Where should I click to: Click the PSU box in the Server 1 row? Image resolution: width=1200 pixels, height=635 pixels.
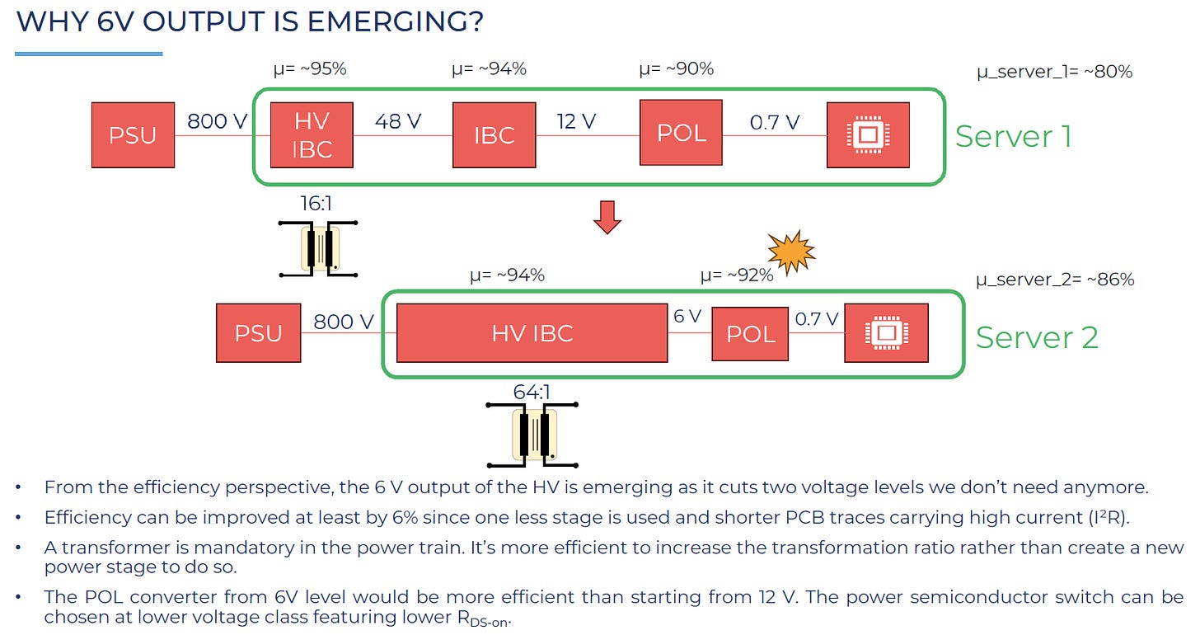133,135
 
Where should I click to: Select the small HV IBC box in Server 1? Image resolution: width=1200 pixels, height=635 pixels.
312,135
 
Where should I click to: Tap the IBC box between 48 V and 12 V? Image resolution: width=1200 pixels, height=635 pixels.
494,135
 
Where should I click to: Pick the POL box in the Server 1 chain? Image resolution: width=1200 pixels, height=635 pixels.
681,132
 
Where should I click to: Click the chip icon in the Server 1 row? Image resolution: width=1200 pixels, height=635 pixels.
868,135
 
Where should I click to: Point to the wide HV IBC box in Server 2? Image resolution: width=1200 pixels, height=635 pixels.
532,333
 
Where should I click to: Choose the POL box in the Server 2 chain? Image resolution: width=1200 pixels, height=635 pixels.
750,334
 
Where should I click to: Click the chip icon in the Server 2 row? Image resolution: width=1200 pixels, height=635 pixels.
887,333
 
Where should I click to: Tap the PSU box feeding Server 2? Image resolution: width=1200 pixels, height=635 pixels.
258,333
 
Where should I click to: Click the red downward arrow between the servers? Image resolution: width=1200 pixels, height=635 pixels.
607,217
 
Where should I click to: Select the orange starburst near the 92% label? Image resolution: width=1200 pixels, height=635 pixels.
791,252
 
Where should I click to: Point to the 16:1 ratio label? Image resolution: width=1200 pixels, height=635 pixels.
316,204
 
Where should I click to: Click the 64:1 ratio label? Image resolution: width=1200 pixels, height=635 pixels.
532,393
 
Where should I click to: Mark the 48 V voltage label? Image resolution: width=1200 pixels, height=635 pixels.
398,122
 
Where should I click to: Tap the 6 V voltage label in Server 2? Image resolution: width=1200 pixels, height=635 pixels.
687,316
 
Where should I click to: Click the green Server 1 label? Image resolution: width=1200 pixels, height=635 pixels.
1014,136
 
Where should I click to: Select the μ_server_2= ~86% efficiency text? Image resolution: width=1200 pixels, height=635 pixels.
1055,280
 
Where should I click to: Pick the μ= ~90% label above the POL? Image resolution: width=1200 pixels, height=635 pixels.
676,68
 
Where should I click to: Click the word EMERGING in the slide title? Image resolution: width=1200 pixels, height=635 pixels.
396,21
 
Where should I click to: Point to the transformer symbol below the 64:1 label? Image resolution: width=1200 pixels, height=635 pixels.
532,435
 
